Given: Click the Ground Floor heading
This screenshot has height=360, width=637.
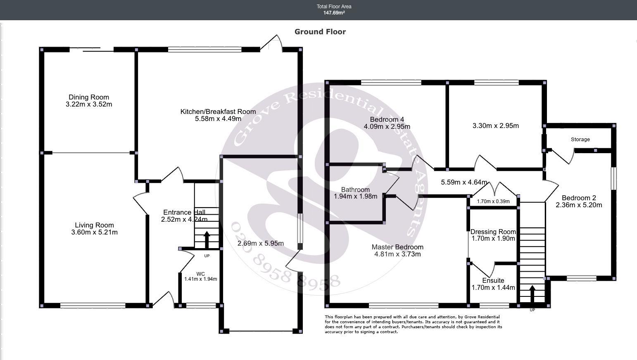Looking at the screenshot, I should click(320, 32).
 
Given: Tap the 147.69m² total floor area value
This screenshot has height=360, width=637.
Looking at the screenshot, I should click(334, 13).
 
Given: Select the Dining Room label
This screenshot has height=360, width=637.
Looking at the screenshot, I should click(89, 97).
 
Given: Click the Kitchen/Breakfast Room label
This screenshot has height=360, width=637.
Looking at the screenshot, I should click(218, 111).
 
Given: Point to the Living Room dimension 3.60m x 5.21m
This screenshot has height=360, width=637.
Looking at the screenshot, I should click(94, 232).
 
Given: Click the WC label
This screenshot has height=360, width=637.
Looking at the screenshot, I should click(200, 274).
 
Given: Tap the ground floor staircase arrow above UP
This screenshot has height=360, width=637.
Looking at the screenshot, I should click(207, 239).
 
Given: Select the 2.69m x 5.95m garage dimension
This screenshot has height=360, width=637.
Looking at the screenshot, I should click(261, 244).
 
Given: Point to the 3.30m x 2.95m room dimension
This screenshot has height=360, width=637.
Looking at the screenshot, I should click(496, 126).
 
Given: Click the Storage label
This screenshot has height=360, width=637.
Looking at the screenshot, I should click(580, 140).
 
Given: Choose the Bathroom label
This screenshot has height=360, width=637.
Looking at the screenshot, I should click(355, 189).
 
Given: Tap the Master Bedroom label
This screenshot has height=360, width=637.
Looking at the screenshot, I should click(397, 247).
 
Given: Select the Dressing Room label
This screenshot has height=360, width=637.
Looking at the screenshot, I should click(493, 232).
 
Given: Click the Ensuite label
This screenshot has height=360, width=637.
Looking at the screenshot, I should click(493, 280).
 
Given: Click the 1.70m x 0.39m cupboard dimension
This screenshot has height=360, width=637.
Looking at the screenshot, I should click(493, 202).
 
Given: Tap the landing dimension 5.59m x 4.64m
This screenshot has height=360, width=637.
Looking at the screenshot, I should click(464, 182).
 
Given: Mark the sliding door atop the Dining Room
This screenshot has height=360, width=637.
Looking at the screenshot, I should click(92, 50).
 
